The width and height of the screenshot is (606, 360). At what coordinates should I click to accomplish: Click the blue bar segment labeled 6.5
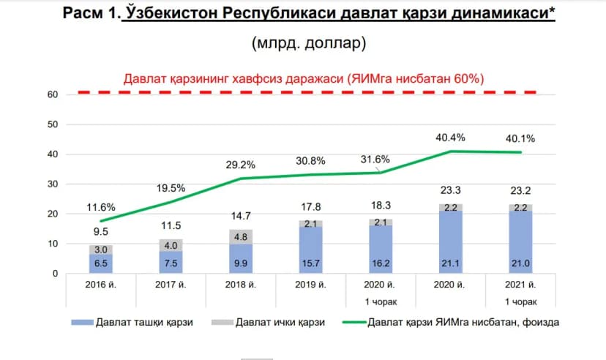point(101,264)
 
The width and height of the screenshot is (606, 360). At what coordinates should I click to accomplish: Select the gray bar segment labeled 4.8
point(241,237)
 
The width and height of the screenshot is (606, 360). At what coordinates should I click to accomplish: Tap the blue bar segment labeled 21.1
point(451,242)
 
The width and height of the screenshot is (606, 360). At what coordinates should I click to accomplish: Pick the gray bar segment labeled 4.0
point(171,245)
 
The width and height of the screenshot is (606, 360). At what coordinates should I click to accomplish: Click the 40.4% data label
point(450,138)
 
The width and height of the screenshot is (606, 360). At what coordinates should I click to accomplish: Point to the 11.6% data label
point(101,207)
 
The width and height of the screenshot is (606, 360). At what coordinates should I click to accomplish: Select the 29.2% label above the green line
point(240,165)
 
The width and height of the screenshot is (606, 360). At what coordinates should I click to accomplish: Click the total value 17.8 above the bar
point(311,207)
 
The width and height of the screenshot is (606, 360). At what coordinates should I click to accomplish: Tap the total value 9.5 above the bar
point(101,232)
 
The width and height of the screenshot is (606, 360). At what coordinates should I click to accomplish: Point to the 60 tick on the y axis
point(53,94)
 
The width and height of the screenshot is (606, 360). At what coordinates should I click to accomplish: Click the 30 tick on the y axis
point(53,184)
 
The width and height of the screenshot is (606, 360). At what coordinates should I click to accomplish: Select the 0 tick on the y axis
point(56,274)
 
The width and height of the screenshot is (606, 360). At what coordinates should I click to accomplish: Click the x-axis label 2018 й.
point(240,285)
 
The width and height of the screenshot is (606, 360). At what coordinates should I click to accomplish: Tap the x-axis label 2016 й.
point(100,285)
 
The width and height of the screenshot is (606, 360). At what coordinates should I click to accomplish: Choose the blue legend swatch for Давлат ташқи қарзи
point(82,322)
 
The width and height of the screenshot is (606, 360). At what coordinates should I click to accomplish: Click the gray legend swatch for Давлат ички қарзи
point(222,322)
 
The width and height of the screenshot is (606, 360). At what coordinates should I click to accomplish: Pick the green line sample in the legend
point(354,322)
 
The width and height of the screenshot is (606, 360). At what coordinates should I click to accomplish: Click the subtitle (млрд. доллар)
point(309,42)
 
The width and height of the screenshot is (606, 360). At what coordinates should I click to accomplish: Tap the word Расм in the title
point(84,12)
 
